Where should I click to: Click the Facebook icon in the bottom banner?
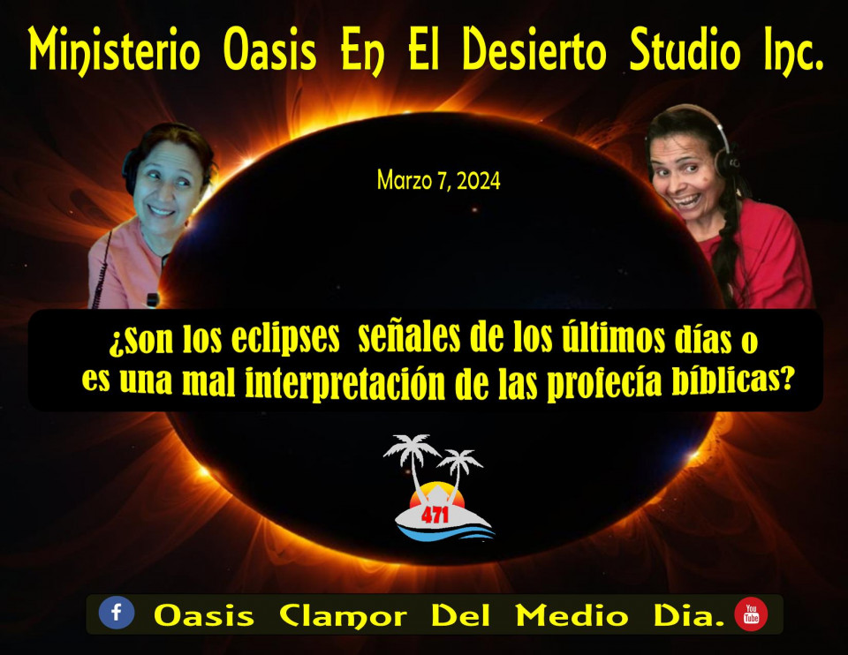tap(117, 613)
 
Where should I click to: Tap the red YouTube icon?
tap(751, 614)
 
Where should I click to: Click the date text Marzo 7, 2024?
tap(439, 180)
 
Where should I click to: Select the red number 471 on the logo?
tap(435, 515)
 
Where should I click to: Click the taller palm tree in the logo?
tap(413, 459)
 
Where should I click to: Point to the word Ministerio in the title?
tap(114, 51)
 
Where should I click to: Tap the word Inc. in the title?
tap(794, 51)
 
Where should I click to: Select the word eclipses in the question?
tap(285, 339)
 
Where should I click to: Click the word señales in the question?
tap(409, 337)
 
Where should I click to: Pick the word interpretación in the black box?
tap(345, 383)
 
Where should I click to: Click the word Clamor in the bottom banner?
tap(343, 615)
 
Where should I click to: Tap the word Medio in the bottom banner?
tap(572, 615)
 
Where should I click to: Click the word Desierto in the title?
tap(534, 49)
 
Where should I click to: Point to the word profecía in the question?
tap(604, 382)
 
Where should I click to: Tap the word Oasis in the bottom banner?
tap(204, 615)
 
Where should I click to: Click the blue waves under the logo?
tap(446, 533)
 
